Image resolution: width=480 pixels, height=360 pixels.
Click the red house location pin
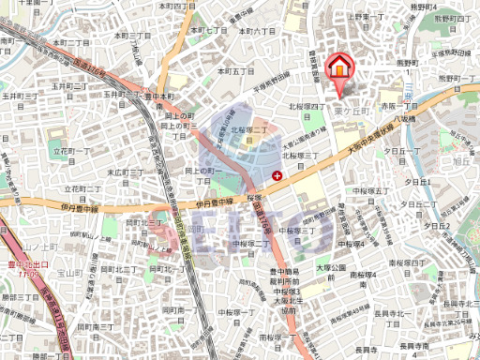[338, 71]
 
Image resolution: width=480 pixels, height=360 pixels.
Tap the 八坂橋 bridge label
[405, 119]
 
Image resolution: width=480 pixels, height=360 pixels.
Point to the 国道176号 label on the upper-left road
[89, 72]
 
